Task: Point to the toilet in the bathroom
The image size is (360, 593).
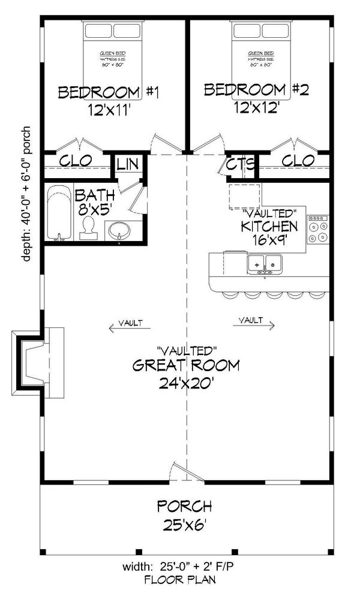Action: [89, 228]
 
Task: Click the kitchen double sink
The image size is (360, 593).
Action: [265, 263]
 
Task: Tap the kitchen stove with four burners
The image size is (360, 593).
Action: [319, 228]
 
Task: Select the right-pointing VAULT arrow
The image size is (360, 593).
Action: [256, 322]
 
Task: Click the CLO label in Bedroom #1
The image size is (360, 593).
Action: [76, 161]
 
